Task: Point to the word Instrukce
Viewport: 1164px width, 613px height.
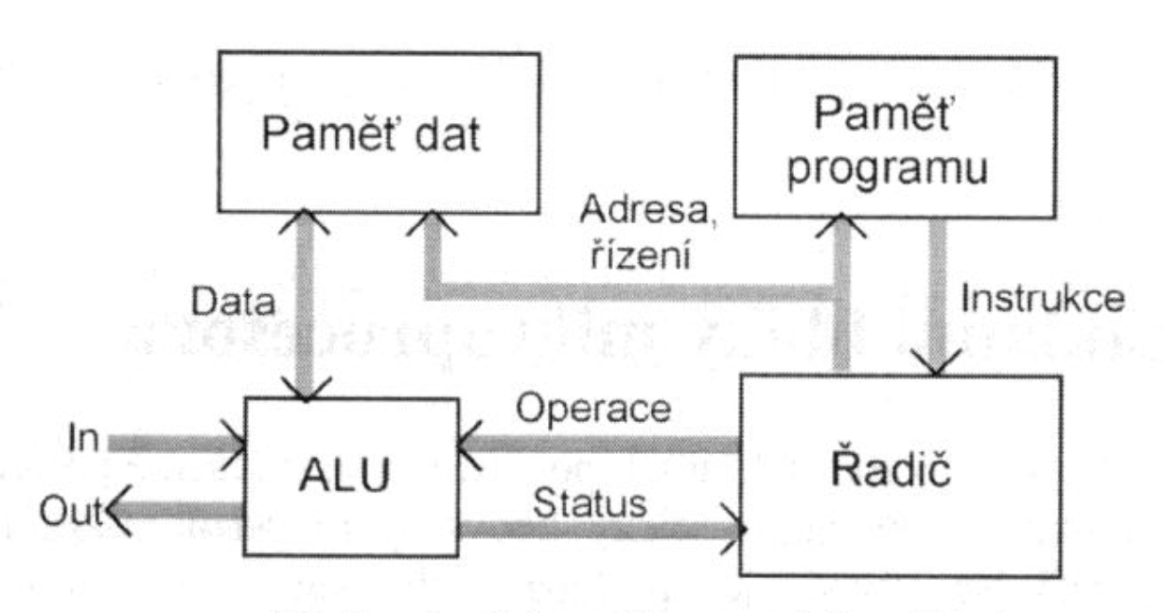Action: pyautogui.click(x=1042, y=302)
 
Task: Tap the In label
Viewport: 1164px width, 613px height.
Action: pyautogui.click(x=84, y=440)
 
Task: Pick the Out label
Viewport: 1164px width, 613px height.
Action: pyautogui.click(x=70, y=511)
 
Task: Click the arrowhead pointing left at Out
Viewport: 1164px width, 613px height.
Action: pyautogui.click(x=119, y=511)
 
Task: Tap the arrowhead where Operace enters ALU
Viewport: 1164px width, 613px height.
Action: pyautogui.click(x=469, y=441)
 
